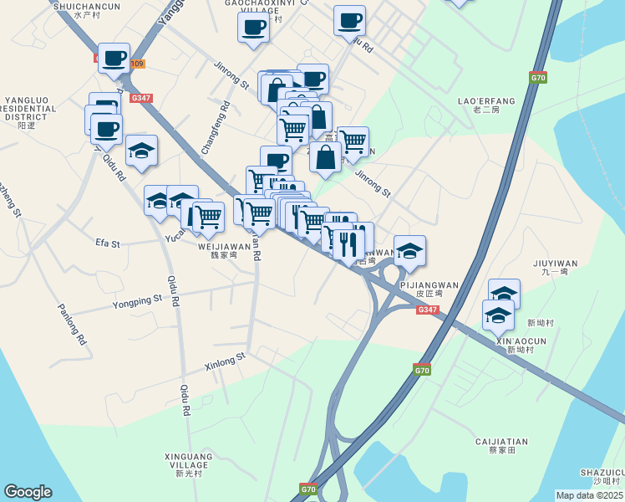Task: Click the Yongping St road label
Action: pos(137,299)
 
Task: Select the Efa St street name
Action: pos(108,243)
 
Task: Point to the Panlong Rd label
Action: pos(72,324)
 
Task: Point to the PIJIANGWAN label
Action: pos(429,285)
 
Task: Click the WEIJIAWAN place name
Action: pos(224,247)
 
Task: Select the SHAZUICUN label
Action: pos(606,474)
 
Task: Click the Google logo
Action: pos(28,492)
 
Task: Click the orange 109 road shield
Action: pos(137,64)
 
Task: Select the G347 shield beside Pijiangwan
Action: pos(427,310)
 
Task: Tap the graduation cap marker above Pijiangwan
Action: pos(409,250)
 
